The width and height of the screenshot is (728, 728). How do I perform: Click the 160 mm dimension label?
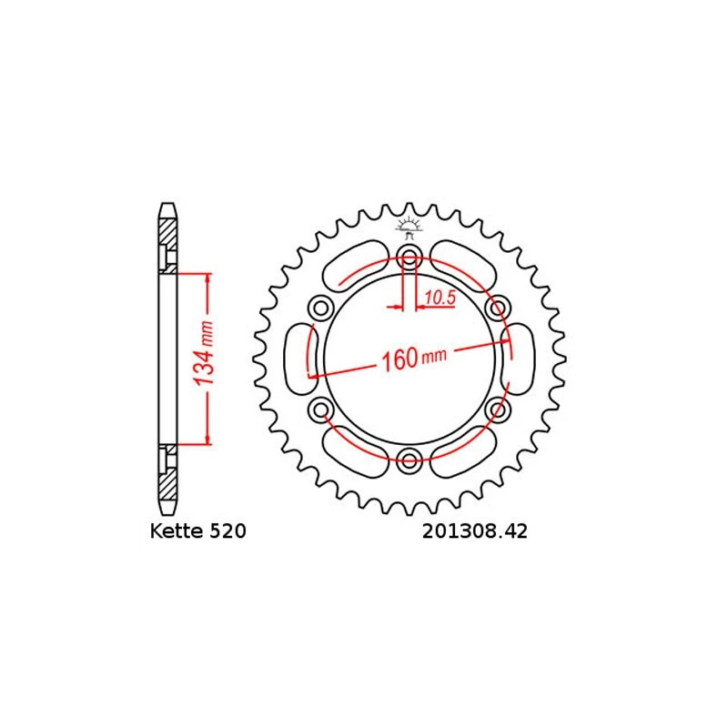[x=414, y=358]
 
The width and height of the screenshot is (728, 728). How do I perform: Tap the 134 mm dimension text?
[x=205, y=353]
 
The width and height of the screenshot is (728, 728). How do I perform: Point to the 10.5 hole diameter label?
[x=440, y=298]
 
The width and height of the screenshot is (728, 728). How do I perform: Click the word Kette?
[x=177, y=531]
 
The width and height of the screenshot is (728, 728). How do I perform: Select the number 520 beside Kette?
[x=227, y=531]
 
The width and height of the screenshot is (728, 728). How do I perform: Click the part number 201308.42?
[x=474, y=531]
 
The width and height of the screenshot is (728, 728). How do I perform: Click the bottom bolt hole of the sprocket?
[x=409, y=460]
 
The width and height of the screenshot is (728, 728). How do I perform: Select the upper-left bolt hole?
[x=321, y=308]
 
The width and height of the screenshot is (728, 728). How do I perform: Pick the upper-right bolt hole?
[x=498, y=308]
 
